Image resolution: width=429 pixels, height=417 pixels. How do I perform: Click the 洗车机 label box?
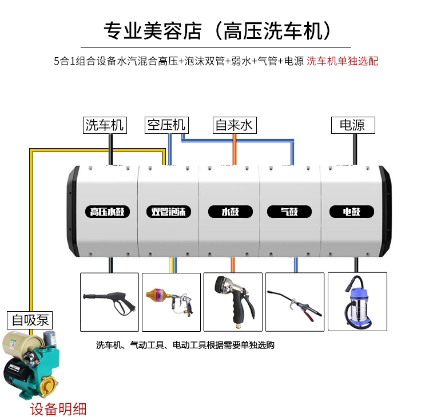point(104,125)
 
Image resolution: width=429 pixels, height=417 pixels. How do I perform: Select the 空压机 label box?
point(166,125)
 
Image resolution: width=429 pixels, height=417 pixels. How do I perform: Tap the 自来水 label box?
point(234,125)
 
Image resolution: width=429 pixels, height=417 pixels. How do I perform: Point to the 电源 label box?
point(352,125)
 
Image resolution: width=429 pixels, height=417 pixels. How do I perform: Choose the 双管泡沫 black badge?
point(168,212)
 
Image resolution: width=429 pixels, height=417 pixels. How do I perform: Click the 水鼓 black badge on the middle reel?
point(230,212)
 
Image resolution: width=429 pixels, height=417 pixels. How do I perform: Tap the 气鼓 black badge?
point(291,212)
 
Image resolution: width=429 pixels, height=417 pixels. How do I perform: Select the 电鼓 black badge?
point(351,212)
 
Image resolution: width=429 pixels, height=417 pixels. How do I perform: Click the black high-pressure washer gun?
point(109,302)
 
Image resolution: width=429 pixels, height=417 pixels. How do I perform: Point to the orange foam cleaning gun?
point(169,302)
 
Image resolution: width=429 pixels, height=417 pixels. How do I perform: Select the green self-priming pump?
point(29,366)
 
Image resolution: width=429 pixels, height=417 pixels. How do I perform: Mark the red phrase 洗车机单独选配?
point(343,61)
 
